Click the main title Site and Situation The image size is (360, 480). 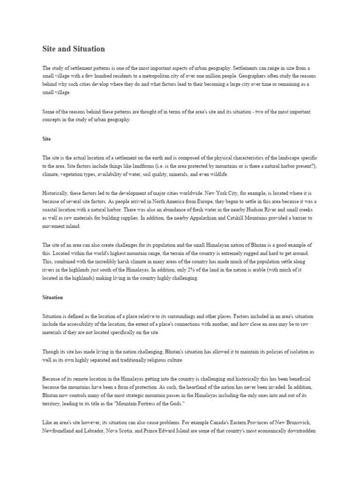[74, 49]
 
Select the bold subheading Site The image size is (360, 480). [46, 139]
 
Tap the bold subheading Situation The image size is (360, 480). [52, 297]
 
